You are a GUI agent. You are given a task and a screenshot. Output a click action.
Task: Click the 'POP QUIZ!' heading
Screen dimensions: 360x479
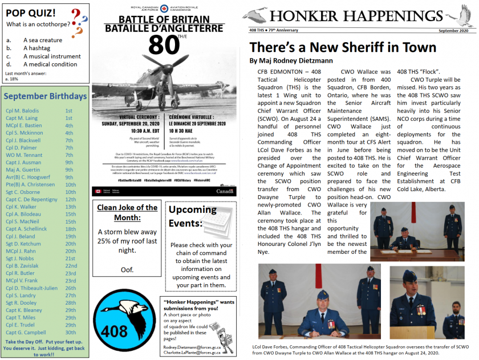point(31,13)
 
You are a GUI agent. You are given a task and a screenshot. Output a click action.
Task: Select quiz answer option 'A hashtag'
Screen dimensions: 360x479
point(36,48)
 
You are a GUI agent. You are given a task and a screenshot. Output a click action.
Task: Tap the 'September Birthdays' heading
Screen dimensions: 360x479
point(46,96)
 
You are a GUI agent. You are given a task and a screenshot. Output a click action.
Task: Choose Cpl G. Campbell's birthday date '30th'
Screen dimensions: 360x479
point(70,332)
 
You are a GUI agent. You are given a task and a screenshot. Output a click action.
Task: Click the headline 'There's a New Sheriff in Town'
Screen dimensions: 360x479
point(343,47)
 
